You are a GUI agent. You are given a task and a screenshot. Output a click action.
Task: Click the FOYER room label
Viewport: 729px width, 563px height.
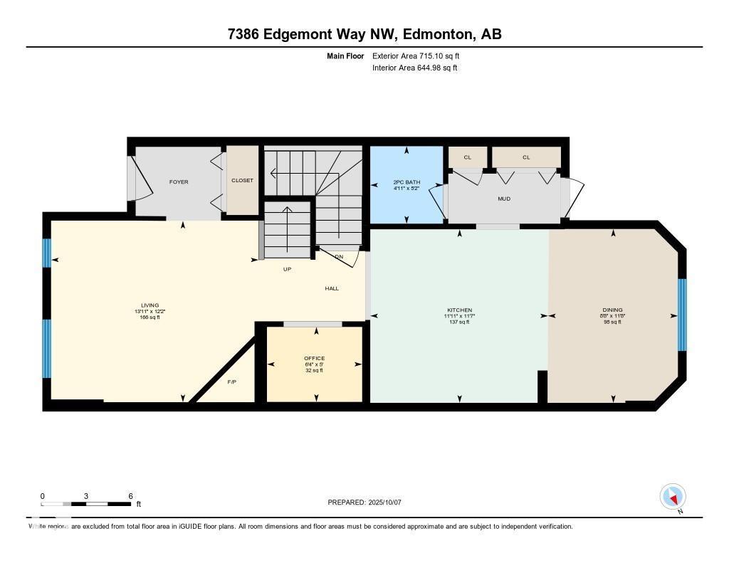click(179, 182)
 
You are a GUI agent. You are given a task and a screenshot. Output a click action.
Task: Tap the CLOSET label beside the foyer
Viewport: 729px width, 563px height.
click(242, 181)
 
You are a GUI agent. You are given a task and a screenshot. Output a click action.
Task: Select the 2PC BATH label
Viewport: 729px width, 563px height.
click(407, 183)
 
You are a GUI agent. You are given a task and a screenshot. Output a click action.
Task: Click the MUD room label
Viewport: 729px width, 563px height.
click(505, 199)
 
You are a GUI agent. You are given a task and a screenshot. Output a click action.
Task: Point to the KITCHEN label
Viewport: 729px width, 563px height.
click(459, 310)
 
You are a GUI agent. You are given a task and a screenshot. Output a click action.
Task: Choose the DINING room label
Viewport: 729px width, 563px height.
click(612, 310)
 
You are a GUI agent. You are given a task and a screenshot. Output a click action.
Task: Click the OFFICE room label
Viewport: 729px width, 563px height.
click(314, 358)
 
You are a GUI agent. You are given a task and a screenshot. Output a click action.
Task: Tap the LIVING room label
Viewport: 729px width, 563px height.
click(150, 305)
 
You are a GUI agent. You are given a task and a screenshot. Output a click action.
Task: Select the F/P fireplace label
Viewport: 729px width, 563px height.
click(231, 382)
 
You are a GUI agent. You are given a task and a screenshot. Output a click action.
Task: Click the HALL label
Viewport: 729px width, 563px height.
click(332, 288)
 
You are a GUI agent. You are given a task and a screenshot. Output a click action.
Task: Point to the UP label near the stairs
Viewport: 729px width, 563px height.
click(287, 269)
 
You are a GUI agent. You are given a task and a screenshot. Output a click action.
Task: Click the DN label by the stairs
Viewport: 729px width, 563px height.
click(339, 256)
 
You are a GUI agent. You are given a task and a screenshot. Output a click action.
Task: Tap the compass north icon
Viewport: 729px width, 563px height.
click(673, 496)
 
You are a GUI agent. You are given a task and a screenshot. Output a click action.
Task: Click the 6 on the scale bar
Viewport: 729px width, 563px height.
click(130, 495)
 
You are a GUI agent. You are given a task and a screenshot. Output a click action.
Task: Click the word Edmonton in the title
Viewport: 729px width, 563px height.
click(427, 34)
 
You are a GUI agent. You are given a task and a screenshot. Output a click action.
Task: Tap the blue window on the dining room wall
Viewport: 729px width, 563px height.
click(681, 315)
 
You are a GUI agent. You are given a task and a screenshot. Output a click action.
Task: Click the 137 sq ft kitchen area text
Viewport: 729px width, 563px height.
click(459, 322)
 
